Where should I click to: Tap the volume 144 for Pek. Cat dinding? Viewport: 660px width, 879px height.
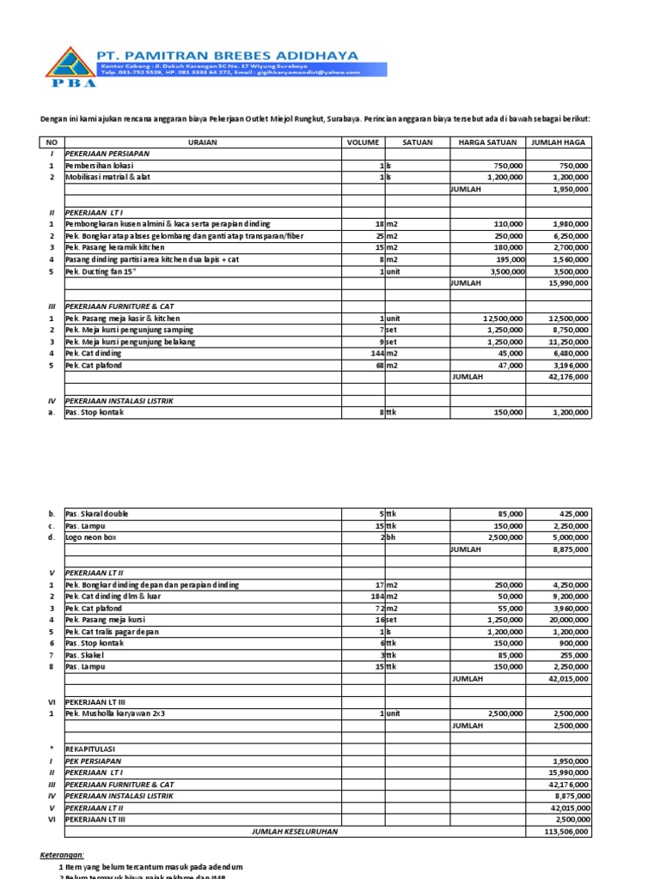pos(376,353)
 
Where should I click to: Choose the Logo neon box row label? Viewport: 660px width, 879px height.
pos(90,537)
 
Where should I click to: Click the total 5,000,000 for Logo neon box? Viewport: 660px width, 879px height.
pos(568,537)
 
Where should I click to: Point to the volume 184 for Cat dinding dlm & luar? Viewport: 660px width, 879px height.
pos(376,597)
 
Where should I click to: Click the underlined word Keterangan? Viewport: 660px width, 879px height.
pos(63,855)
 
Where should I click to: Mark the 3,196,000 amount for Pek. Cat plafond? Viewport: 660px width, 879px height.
pos(568,365)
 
